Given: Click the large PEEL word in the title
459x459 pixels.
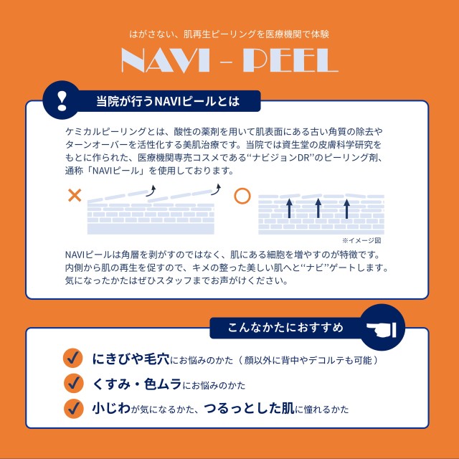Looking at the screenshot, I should (291, 62).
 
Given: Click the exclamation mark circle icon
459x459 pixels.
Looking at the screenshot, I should (61, 99).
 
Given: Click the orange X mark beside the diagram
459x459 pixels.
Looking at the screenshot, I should (74, 195).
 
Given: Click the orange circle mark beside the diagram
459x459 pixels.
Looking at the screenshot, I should (242, 195).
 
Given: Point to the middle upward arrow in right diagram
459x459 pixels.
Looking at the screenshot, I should (318, 207).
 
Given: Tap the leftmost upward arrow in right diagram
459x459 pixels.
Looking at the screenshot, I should (290, 207).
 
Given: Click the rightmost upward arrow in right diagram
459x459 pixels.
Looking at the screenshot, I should (346, 207).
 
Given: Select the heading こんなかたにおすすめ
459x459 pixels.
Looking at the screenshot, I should (285, 328).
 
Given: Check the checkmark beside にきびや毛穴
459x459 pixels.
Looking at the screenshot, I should (72, 359).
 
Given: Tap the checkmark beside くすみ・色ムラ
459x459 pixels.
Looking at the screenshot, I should (72, 383).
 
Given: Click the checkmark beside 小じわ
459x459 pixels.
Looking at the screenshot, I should (72, 408).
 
